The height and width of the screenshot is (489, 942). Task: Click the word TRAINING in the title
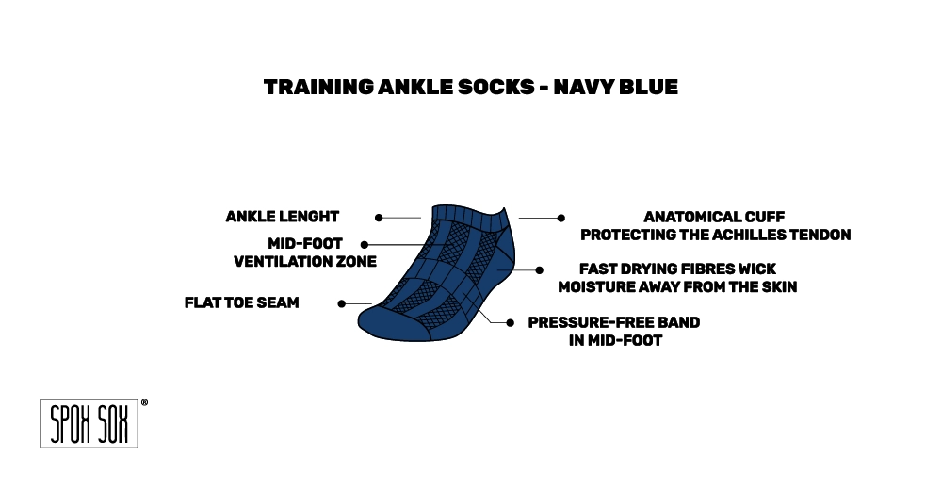click(319, 87)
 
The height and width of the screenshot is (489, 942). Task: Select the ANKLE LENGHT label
click(283, 217)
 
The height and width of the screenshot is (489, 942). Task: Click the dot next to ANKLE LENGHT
click(379, 218)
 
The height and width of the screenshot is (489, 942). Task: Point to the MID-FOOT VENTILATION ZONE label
click(305, 253)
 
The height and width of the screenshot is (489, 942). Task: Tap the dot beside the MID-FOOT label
click(364, 245)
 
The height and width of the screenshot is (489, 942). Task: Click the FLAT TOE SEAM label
click(241, 302)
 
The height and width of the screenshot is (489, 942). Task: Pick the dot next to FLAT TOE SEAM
click(341, 304)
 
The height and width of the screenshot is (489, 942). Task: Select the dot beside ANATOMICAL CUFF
click(561, 218)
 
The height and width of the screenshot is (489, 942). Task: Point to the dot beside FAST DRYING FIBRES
click(540, 270)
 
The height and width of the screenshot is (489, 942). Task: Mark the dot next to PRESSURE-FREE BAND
click(510, 322)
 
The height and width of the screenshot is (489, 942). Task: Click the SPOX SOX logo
click(89, 424)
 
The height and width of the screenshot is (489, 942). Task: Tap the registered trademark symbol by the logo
click(144, 403)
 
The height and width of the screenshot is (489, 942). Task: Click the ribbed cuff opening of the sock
click(468, 219)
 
